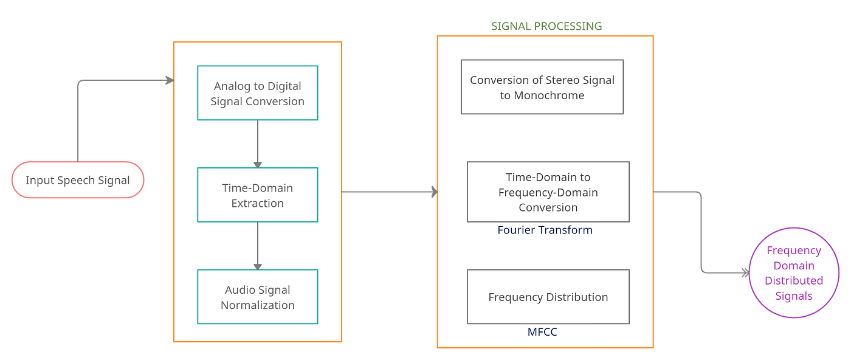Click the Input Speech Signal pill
coord(78,180)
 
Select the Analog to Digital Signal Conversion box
coord(257,93)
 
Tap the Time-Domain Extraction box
coord(257,195)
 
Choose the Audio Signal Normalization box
coord(257,297)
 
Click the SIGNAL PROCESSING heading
coord(546,26)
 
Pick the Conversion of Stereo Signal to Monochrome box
coord(542,87)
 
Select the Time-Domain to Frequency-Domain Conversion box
coord(548,192)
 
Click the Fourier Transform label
coord(545,230)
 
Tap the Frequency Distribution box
coord(548,297)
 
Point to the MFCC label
coord(542,332)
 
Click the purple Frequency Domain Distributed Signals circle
coord(794,273)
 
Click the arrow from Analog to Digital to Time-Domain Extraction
coord(257,144)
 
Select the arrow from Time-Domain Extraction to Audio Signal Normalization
coord(257,246)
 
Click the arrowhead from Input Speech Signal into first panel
coord(169,80)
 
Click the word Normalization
coord(257,305)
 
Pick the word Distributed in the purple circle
coord(794,281)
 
